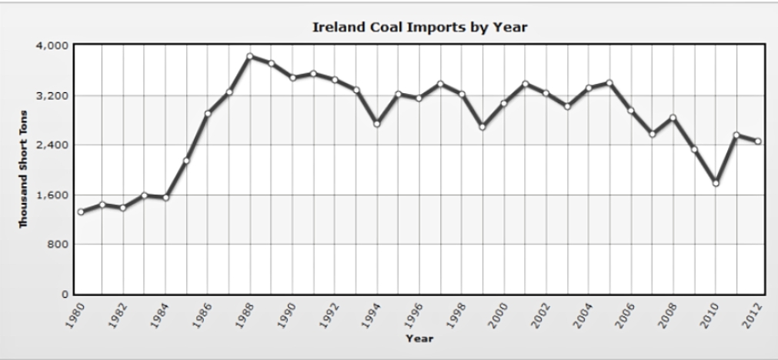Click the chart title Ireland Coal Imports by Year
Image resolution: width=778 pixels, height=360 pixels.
click(x=419, y=28)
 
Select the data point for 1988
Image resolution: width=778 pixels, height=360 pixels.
click(x=250, y=56)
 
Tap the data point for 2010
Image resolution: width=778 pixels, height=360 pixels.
click(x=716, y=183)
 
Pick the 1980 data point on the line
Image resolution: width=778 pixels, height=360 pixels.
click(x=81, y=212)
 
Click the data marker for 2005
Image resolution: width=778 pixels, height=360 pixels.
click(x=609, y=82)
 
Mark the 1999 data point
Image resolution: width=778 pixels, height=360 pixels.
click(x=482, y=126)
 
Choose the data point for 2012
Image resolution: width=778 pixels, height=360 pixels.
click(x=758, y=141)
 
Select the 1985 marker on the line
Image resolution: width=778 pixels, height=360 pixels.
click(x=186, y=161)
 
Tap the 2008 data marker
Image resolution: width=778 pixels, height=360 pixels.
click(x=673, y=118)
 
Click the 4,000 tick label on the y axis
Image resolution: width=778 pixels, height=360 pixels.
click(x=54, y=46)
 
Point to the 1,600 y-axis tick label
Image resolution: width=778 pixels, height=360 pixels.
click(x=54, y=195)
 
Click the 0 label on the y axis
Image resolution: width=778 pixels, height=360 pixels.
click(x=66, y=295)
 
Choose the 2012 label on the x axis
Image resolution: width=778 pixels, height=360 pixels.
click(x=754, y=315)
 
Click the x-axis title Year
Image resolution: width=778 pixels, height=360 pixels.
click(x=419, y=338)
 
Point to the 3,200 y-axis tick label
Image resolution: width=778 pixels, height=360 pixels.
click(x=54, y=96)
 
